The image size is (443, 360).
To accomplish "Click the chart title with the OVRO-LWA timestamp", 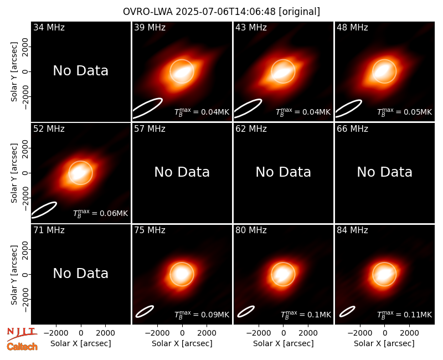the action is pyautogui.click(x=221, y=12).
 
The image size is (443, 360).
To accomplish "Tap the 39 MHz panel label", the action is pyautogui.click(x=150, y=27).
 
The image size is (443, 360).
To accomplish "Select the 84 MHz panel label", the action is pyautogui.click(x=352, y=230).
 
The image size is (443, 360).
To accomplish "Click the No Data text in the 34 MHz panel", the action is pyautogui.click(x=80, y=71).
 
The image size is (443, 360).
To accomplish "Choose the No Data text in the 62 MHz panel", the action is pyautogui.click(x=283, y=172).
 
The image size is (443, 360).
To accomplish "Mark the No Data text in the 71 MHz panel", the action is pyautogui.click(x=80, y=273).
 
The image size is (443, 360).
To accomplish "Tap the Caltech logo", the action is pyautogui.click(x=22, y=347).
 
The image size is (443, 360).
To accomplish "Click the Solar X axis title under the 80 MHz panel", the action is pyautogui.click(x=283, y=343).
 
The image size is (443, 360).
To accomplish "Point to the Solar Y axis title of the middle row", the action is pyautogui.click(x=14, y=173).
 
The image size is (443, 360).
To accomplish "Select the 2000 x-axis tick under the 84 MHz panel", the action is pyautogui.click(x=409, y=333).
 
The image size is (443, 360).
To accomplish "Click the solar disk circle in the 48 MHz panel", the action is pyautogui.click(x=384, y=60).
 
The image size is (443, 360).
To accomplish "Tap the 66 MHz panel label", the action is pyautogui.click(x=352, y=129).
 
